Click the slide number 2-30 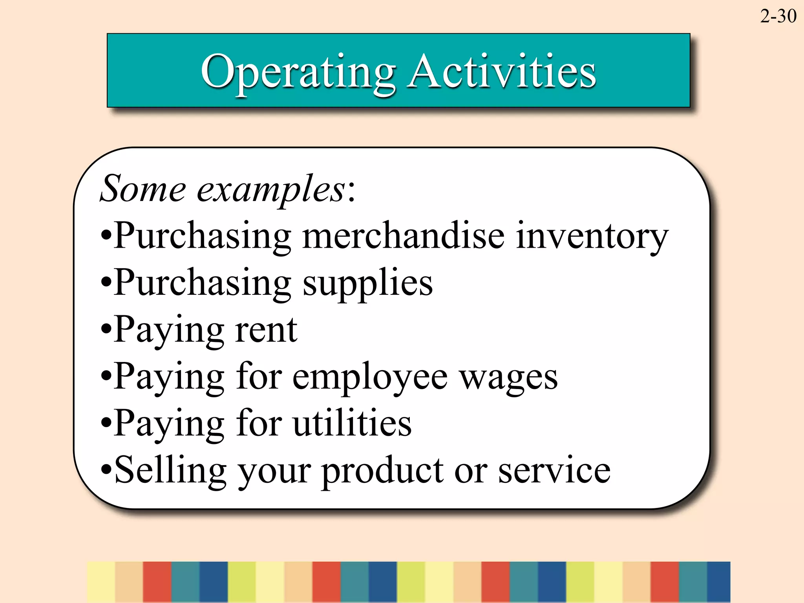(x=778, y=16)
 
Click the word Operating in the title (x=298, y=73)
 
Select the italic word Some (x=143, y=189)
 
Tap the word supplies (x=368, y=283)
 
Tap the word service (x=554, y=470)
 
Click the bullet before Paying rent (x=106, y=329)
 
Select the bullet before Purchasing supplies (x=106, y=282)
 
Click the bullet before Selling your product (x=106, y=470)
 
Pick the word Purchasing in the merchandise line (x=203, y=236)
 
